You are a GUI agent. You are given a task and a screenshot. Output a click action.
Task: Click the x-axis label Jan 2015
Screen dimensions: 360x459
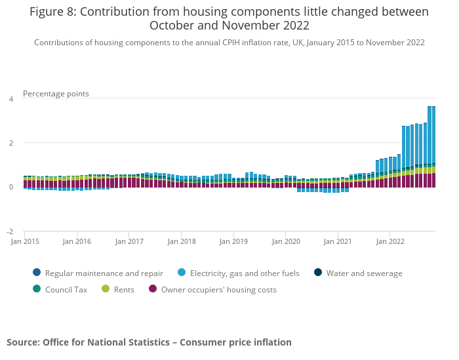click(25, 241)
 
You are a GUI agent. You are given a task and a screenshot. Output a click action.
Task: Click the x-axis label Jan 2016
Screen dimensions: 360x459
click(77, 241)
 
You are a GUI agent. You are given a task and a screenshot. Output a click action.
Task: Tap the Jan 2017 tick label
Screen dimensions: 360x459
click(129, 241)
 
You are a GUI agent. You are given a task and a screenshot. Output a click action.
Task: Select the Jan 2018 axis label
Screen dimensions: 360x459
click(182, 241)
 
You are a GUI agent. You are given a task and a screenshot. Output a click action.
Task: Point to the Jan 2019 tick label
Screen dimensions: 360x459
click(233, 241)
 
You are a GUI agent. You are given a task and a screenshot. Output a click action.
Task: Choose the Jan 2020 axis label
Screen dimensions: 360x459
click(286, 241)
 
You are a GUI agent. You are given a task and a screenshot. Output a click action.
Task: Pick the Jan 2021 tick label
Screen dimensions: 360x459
click(338, 241)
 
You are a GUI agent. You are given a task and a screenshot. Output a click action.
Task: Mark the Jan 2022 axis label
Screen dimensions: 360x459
click(390, 241)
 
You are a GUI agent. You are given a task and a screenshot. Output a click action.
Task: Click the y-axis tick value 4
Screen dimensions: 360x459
click(10, 99)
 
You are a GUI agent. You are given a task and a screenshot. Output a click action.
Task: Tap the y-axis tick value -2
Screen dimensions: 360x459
click(10, 231)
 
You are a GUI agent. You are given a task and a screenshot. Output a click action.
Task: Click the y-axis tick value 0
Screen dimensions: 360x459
click(10, 188)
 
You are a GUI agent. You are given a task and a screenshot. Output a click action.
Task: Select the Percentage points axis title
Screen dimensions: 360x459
click(56, 94)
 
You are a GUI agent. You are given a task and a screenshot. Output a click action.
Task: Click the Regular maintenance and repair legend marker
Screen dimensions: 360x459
click(36, 273)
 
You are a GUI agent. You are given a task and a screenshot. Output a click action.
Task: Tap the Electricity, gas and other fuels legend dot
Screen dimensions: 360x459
click(180, 273)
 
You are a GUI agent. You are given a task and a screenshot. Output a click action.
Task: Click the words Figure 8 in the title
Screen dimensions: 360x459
click(52, 12)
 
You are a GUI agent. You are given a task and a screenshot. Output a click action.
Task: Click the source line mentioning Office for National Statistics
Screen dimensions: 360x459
click(149, 342)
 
